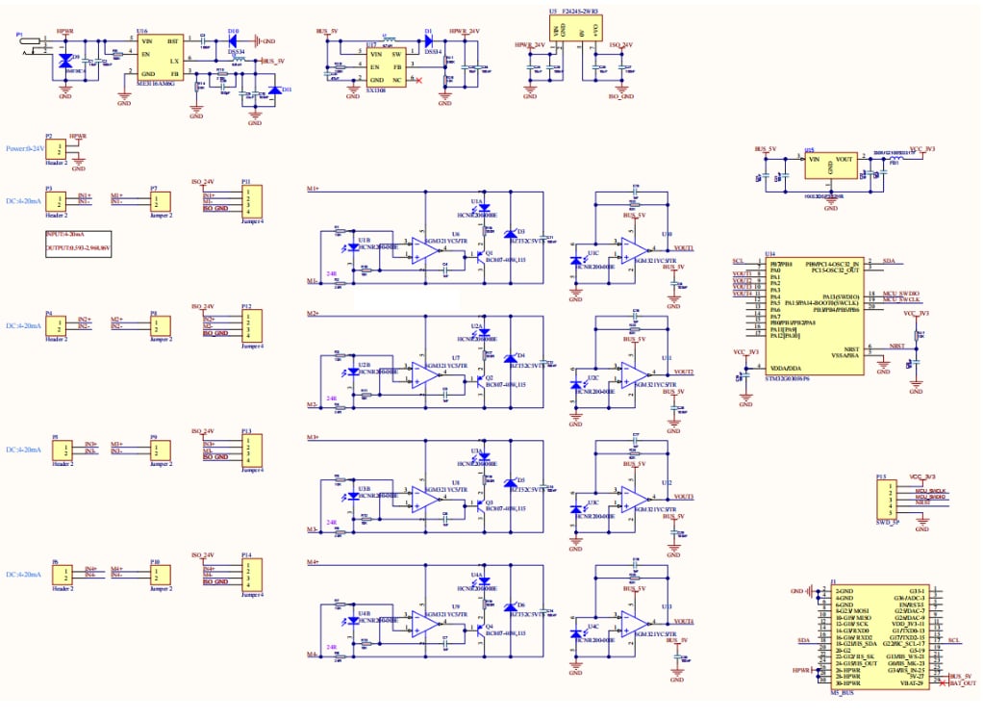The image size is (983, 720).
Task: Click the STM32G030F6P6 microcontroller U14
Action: pos(812,316)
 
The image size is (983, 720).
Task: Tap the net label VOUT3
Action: pos(684,497)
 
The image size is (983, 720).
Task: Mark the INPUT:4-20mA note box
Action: pos(78,242)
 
